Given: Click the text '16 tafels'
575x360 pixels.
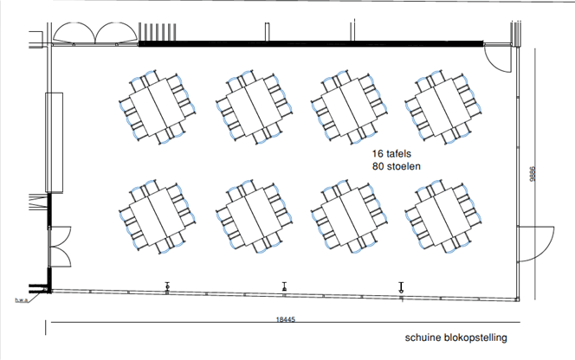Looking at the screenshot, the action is coord(391,154).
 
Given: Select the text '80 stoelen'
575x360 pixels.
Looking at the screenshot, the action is coord(397,166).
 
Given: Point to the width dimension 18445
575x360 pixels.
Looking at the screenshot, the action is coord(285,319).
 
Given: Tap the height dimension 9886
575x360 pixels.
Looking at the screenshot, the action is coord(533,174).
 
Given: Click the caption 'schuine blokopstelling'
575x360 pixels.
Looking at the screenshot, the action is coord(455,337).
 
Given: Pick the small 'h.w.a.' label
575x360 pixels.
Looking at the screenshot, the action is coord(22,300).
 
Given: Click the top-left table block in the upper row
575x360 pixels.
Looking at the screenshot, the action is coord(158,106).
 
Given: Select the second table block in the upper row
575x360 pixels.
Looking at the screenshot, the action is coord(254,106).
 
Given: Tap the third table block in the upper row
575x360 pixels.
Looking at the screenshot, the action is coord(349,106).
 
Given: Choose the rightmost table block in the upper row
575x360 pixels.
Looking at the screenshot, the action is coord(443,106).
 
